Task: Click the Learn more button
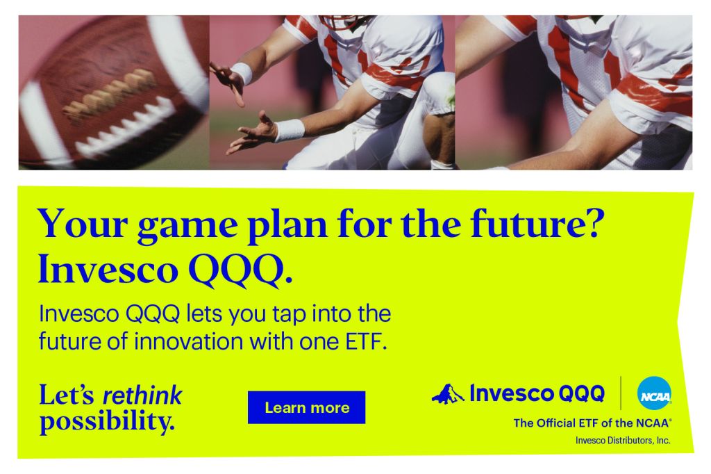pos(306,407)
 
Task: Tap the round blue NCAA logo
pos(654,393)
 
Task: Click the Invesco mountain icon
pos(448,393)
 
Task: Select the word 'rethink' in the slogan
pos(142,395)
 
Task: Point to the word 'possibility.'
pos(107,422)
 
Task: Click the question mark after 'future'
pos(595,222)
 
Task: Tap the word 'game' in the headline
pos(187,226)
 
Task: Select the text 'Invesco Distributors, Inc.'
pos(623,441)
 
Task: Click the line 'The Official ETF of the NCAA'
pos(592,423)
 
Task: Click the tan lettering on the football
pos(109,96)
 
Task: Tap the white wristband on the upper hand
pos(242,73)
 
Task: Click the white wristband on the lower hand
pos(290,130)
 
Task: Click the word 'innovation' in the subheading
pos(189,341)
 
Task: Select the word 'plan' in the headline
pos(287,226)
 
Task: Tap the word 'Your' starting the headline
pos(83,223)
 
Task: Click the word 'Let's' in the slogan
pos(67,395)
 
